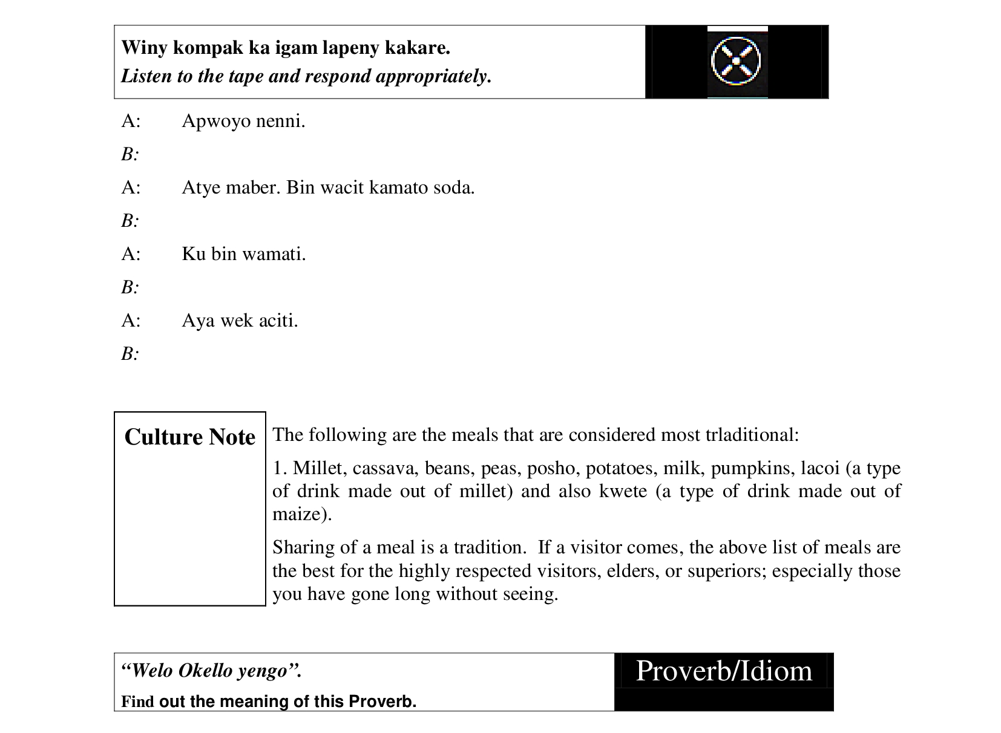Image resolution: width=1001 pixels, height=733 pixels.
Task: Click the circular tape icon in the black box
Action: coord(737,61)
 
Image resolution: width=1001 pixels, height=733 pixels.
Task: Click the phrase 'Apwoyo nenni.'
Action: coord(243,122)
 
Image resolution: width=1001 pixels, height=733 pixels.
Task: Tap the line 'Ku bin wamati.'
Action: coord(243,254)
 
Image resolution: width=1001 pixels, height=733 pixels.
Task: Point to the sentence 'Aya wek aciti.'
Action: coord(240,321)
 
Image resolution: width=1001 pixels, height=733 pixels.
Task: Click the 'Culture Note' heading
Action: coord(189,437)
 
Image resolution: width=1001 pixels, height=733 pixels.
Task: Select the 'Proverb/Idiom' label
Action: coord(724,671)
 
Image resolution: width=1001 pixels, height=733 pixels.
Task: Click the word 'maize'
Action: coord(298,514)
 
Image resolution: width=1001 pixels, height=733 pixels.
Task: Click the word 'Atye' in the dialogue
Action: coord(201,187)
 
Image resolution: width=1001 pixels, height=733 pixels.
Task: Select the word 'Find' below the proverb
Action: coord(137,702)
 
